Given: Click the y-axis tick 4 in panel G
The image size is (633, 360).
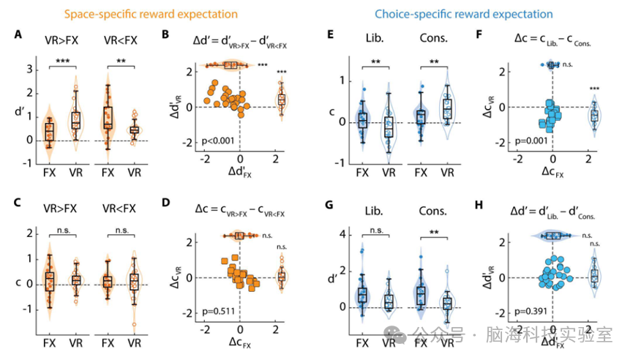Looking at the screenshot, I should (342, 235).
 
